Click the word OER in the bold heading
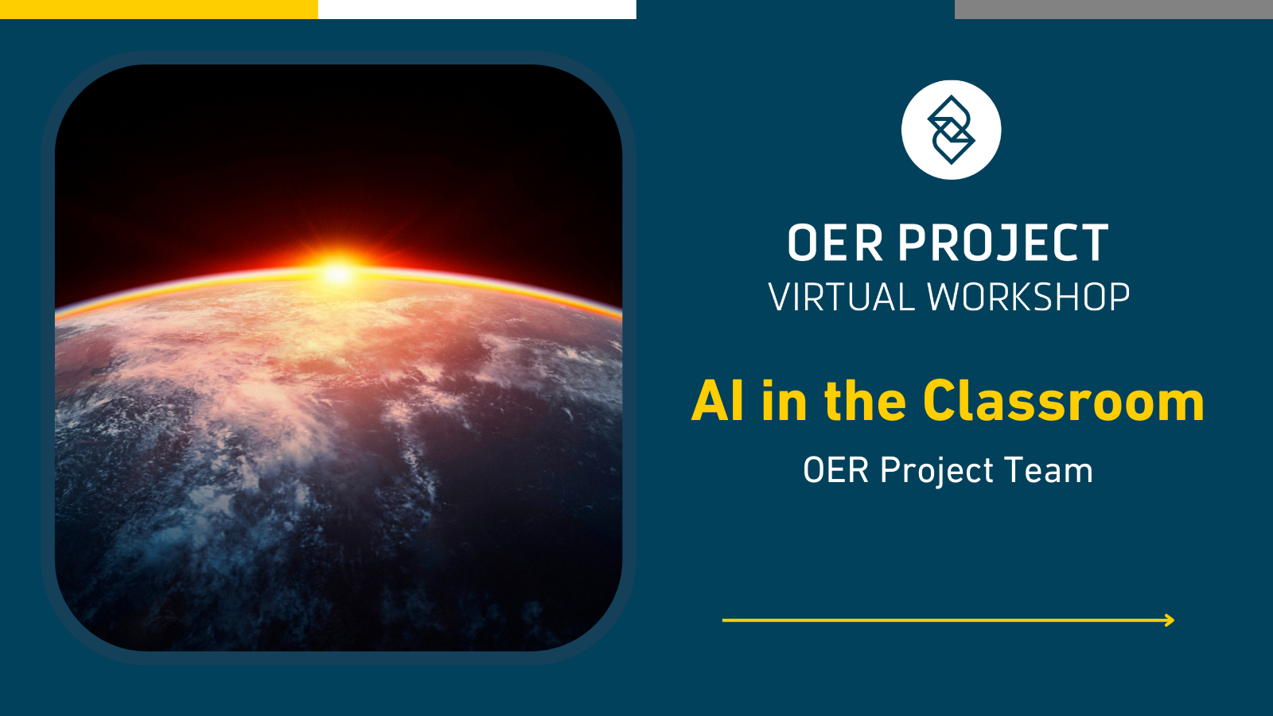coord(835,243)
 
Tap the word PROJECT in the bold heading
coord(1003,243)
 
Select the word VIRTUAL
coord(841,298)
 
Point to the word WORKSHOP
coord(1029,298)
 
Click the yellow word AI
coord(718,401)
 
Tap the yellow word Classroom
coord(1064,401)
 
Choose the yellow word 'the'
coord(865,401)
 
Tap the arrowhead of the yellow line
coord(1170,620)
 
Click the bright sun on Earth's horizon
coord(337,272)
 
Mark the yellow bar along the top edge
coord(159,9)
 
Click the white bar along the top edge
coord(477,9)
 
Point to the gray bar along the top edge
coord(1114,9)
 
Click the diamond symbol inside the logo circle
coord(951,130)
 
